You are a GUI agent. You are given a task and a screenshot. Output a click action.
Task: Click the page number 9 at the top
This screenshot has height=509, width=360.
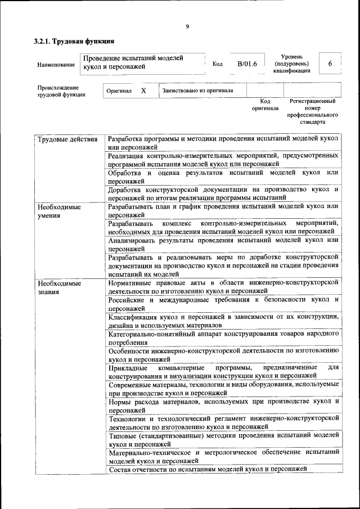coord(187,26)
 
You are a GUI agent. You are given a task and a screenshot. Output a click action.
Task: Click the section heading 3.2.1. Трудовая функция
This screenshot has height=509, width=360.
coord(74,42)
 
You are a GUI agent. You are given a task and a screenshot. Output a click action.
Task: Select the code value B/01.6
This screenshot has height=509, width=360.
coord(247,64)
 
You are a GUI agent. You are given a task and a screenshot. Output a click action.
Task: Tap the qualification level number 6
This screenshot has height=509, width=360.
coord(330,64)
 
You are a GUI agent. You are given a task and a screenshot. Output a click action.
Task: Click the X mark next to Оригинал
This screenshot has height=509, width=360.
coord(143,91)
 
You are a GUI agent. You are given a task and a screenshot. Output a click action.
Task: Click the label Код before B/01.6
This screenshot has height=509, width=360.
coord(217,64)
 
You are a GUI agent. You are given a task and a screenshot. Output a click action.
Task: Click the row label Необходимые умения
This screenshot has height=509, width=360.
coord(59,211)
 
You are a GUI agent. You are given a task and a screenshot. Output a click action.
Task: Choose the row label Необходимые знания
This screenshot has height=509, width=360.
coord(59,287)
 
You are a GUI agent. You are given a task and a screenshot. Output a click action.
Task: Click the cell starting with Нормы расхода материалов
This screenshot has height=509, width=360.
coord(223,406)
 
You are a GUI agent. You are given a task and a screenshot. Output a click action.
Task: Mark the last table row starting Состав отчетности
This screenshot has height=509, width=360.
coord(208,469)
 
